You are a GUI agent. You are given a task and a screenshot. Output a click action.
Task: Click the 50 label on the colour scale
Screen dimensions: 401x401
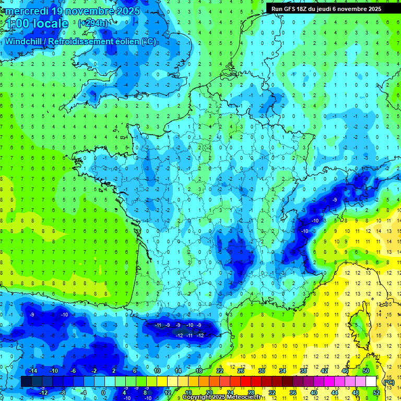[366, 371]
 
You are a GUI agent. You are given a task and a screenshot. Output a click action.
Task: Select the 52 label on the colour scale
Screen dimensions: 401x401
[376, 393]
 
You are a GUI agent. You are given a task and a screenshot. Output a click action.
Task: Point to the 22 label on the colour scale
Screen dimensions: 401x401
[220, 371]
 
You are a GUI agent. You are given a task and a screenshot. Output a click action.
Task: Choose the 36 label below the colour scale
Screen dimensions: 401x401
[292, 393]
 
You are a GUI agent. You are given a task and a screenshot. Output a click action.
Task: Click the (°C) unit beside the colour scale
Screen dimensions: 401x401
[388, 382]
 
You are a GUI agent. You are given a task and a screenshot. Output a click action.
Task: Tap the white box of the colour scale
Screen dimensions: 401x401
[371, 382]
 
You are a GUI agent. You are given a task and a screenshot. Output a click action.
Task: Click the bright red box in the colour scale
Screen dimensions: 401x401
[246, 382]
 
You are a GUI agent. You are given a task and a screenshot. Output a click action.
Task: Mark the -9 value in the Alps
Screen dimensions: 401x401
[335, 199]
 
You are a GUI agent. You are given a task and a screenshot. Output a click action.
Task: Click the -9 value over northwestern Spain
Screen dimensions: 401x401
[32, 314]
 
